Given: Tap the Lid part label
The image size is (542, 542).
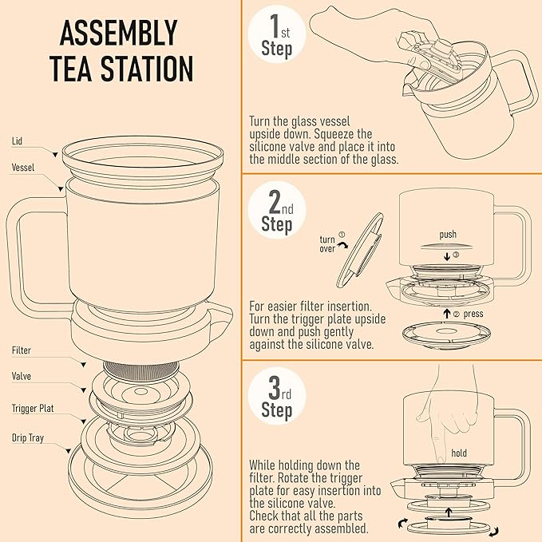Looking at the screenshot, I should [17, 140].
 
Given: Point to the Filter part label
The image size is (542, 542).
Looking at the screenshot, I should [22, 350].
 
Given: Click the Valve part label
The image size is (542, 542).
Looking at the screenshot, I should [22, 375].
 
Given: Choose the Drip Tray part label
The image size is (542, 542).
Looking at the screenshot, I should [28, 437].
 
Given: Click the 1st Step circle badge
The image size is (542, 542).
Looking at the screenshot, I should [276, 36].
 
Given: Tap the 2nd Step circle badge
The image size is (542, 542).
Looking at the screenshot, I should [276, 213].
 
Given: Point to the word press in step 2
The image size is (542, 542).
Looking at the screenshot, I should [473, 314].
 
